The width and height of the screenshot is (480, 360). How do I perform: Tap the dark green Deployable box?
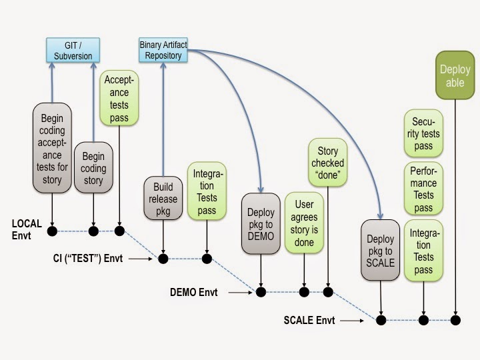(455, 75)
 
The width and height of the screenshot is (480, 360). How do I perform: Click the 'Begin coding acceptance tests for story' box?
(51, 149)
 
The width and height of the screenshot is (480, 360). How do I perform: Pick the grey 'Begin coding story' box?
(93, 167)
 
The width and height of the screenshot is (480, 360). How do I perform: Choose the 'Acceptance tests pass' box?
(119, 99)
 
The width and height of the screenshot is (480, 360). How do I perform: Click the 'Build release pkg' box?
(163, 197)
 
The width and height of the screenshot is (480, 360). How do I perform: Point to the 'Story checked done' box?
(327, 163)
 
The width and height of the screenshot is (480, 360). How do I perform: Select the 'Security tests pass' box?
(423, 133)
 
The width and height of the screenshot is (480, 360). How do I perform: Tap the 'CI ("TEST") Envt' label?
(87, 258)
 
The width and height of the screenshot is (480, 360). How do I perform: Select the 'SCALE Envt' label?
(309, 321)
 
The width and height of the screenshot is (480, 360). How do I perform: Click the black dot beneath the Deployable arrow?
(455, 321)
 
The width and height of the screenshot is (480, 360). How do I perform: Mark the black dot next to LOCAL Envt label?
(51, 231)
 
